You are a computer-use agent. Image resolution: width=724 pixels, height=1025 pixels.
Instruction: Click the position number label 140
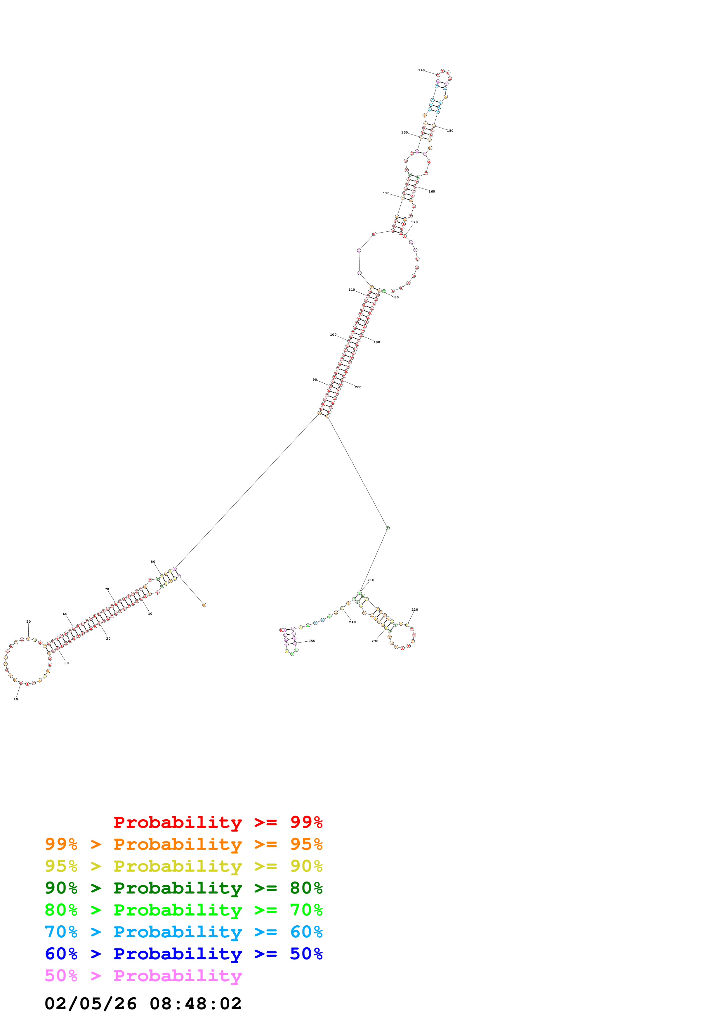(x=421, y=70)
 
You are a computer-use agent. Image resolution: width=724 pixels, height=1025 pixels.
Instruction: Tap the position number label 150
(x=450, y=131)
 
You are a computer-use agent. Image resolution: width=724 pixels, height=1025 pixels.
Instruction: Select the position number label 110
(x=352, y=290)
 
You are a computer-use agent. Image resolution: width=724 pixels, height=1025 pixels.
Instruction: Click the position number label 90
(x=315, y=380)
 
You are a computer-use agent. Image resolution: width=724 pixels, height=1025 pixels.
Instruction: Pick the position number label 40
(x=15, y=700)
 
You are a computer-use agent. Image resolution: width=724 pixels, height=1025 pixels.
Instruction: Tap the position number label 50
(x=29, y=621)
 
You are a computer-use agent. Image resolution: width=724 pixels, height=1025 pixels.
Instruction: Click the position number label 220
(x=415, y=610)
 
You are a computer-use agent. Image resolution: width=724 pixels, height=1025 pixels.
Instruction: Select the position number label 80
(x=153, y=562)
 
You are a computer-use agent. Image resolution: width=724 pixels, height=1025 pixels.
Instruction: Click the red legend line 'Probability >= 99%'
(x=218, y=822)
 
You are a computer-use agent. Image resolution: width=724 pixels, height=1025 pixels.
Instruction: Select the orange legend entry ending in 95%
(x=183, y=844)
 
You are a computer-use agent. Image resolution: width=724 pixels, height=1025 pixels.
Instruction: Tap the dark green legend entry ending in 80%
(x=183, y=888)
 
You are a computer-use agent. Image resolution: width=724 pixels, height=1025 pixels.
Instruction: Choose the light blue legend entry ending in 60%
(x=183, y=932)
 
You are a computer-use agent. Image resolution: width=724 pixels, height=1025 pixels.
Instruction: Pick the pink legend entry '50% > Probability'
(x=143, y=975)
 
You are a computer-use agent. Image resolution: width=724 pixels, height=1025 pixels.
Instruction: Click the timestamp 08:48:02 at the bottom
(x=195, y=1004)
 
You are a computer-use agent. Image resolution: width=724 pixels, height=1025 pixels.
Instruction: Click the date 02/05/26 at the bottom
(x=91, y=1004)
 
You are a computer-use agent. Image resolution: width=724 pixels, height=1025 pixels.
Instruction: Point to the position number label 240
(x=353, y=622)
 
